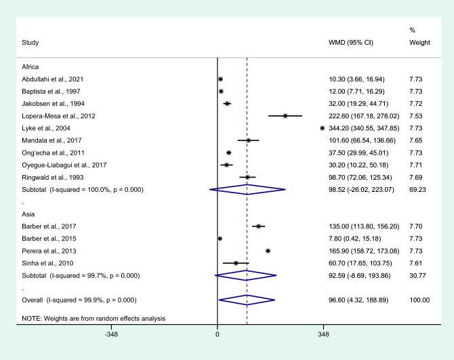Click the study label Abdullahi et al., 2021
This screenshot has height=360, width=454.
point(54,79)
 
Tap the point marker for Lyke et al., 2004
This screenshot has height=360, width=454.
point(322,128)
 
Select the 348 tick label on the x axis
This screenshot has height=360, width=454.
point(323,334)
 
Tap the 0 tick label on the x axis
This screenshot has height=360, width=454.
point(217,334)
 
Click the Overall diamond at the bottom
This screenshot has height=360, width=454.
point(247,299)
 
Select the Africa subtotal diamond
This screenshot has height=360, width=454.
point(247,190)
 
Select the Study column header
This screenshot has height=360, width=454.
point(30,43)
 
